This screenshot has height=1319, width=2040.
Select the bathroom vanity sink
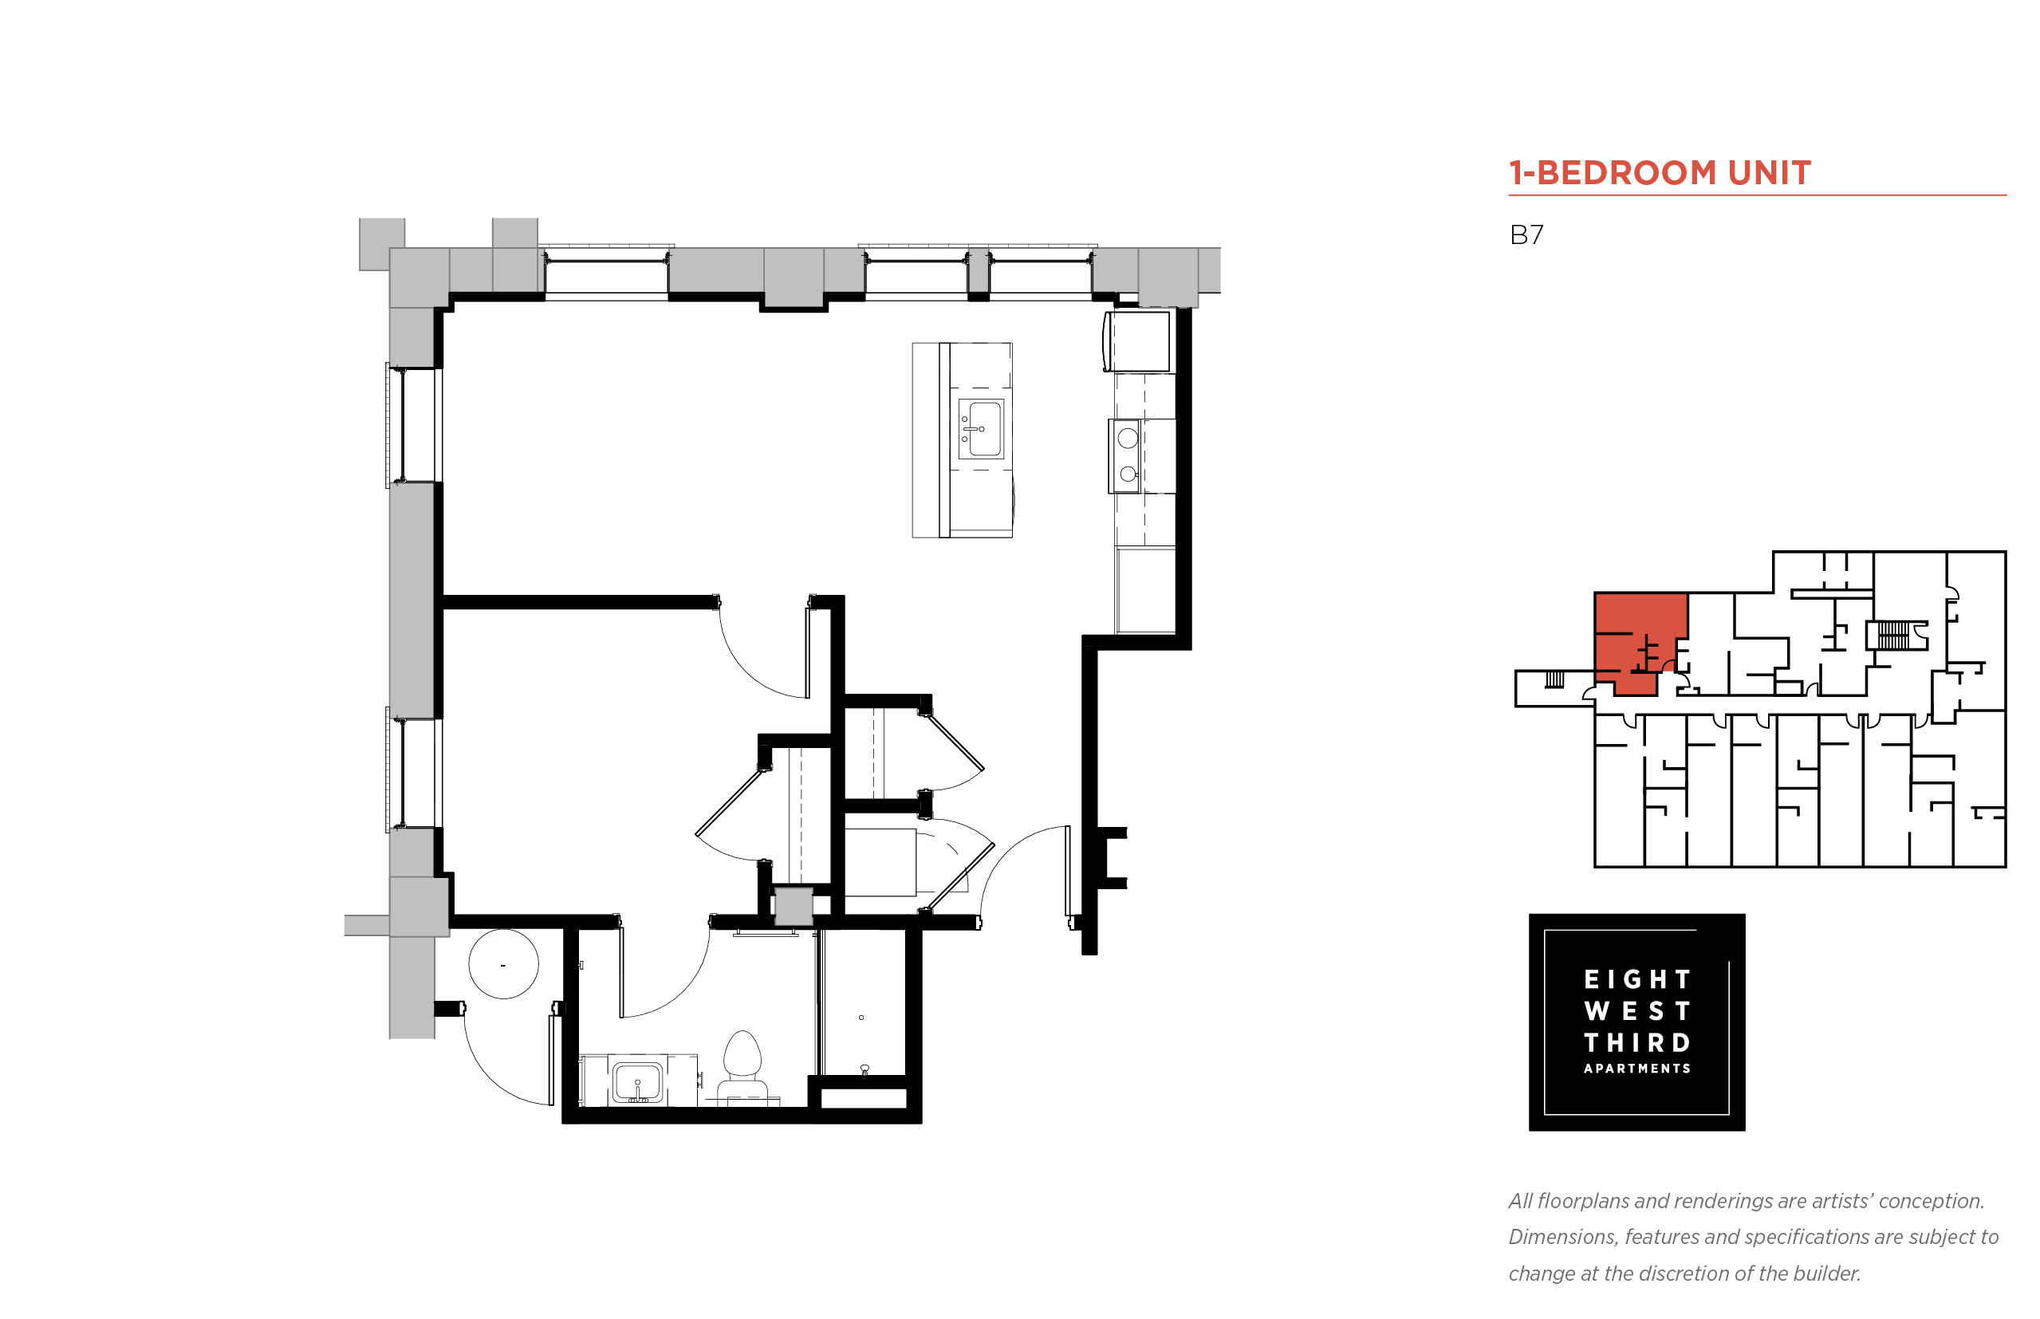pos(637,1081)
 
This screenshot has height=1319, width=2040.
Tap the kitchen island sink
pos(980,428)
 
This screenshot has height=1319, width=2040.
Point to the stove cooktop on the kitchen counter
pos(1126,455)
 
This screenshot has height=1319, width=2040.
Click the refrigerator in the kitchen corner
pos(1137,341)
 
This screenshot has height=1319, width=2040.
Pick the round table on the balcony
pos(503,964)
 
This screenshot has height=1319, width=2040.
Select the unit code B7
pos(1526,234)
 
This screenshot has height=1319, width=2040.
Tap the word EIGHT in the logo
pos(1636,979)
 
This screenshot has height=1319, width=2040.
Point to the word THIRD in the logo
pos(1636,1042)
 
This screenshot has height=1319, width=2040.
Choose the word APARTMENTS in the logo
pos(1636,1069)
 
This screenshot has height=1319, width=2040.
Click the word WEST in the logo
pos(1636,1010)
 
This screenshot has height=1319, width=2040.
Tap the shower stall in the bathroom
pos(862,1002)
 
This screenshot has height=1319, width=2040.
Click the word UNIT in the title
pos(1770,173)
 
